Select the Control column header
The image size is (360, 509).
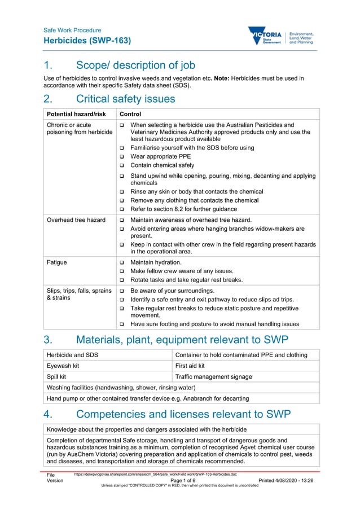(126, 114)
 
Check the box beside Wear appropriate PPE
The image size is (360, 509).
(121, 157)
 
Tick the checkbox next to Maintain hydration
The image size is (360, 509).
(121, 263)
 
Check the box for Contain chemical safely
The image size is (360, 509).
(121, 166)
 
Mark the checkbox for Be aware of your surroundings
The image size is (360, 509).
(121, 291)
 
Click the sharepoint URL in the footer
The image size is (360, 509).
(155, 475)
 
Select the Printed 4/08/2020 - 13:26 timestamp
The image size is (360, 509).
(286, 481)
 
